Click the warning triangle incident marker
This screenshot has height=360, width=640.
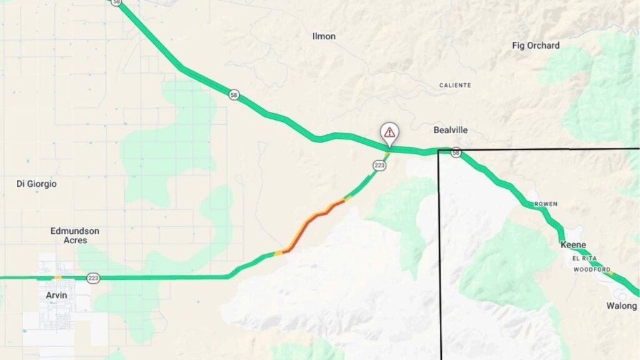click(389, 132)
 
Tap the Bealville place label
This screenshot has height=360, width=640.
click(451, 130)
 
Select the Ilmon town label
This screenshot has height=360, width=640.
click(324, 36)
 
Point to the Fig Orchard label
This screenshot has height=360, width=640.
click(536, 46)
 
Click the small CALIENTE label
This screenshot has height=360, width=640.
click(455, 85)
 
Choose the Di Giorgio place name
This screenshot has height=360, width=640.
click(36, 184)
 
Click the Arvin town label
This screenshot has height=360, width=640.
click(57, 295)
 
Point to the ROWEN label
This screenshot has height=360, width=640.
click(545, 204)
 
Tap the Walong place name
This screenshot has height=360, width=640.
click(621, 306)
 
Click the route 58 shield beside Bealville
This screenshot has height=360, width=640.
click(457, 152)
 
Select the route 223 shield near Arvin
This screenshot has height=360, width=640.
click(93, 278)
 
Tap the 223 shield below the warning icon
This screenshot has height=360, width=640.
click(379, 165)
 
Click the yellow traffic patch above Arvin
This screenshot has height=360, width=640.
click(57, 277)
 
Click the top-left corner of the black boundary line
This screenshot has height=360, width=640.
click(439, 151)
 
